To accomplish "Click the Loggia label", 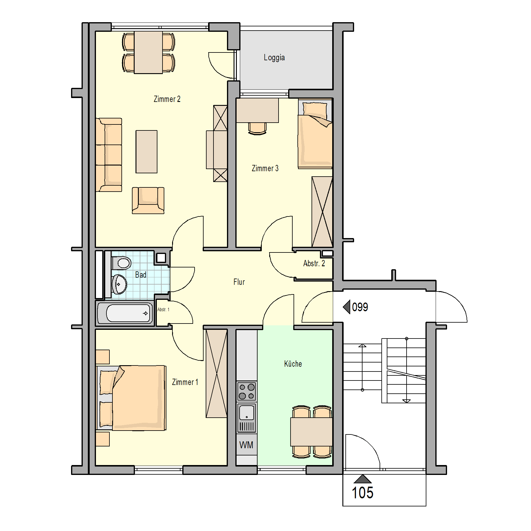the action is pyautogui.click(x=274, y=58).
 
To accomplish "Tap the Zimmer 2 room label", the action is pyautogui.click(x=167, y=99).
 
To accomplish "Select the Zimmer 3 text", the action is pyautogui.click(x=265, y=168).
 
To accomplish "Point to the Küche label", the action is pyautogui.click(x=293, y=364).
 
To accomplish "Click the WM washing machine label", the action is pyautogui.click(x=246, y=445).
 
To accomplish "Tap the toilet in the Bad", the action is pyautogui.click(x=121, y=263).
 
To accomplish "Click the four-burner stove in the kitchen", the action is pyautogui.click(x=247, y=391).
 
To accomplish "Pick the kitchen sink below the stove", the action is pyautogui.click(x=247, y=418).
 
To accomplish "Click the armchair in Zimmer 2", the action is pyautogui.click(x=148, y=200).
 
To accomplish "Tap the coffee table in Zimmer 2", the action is pyautogui.click(x=146, y=152).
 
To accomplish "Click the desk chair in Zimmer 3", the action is pyautogui.click(x=257, y=129).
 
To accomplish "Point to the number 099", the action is pyautogui.click(x=360, y=307).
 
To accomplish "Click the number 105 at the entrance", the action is pyautogui.click(x=362, y=493).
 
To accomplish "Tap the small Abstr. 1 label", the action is pyautogui.click(x=163, y=309).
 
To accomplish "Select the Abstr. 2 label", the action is pyautogui.click(x=314, y=263).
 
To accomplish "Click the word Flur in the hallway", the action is pyautogui.click(x=239, y=282).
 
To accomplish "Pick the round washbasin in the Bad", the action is pyautogui.click(x=119, y=284).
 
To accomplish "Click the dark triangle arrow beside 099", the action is pyautogui.click(x=347, y=307).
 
